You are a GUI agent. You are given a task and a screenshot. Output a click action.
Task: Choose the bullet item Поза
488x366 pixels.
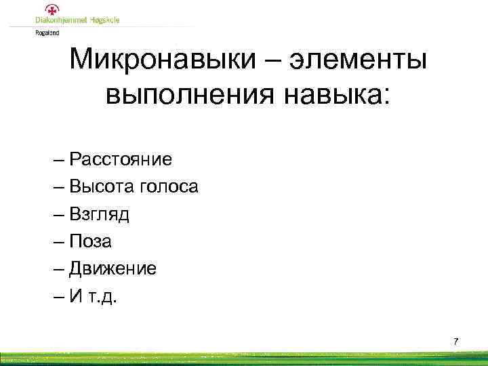pyautogui.click(x=97, y=241)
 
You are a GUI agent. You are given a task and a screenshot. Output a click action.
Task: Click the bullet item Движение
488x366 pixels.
pyautogui.click(x=119, y=268)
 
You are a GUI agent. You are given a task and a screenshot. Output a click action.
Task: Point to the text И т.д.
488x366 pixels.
pyautogui.click(x=99, y=296)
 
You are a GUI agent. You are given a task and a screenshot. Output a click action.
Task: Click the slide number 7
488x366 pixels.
pyautogui.click(x=455, y=341)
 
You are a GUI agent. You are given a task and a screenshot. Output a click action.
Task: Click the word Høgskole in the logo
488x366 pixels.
pyautogui.click(x=105, y=20)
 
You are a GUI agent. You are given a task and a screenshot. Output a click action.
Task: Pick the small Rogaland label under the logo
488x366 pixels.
pyautogui.click(x=47, y=31)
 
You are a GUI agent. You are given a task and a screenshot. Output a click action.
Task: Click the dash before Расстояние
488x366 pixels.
pyautogui.click(x=73, y=161)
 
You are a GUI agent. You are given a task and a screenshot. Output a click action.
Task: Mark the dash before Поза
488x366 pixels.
pyautogui.click(x=73, y=242)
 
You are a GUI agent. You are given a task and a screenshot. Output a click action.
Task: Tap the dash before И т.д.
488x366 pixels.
pyautogui.click(x=73, y=296)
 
